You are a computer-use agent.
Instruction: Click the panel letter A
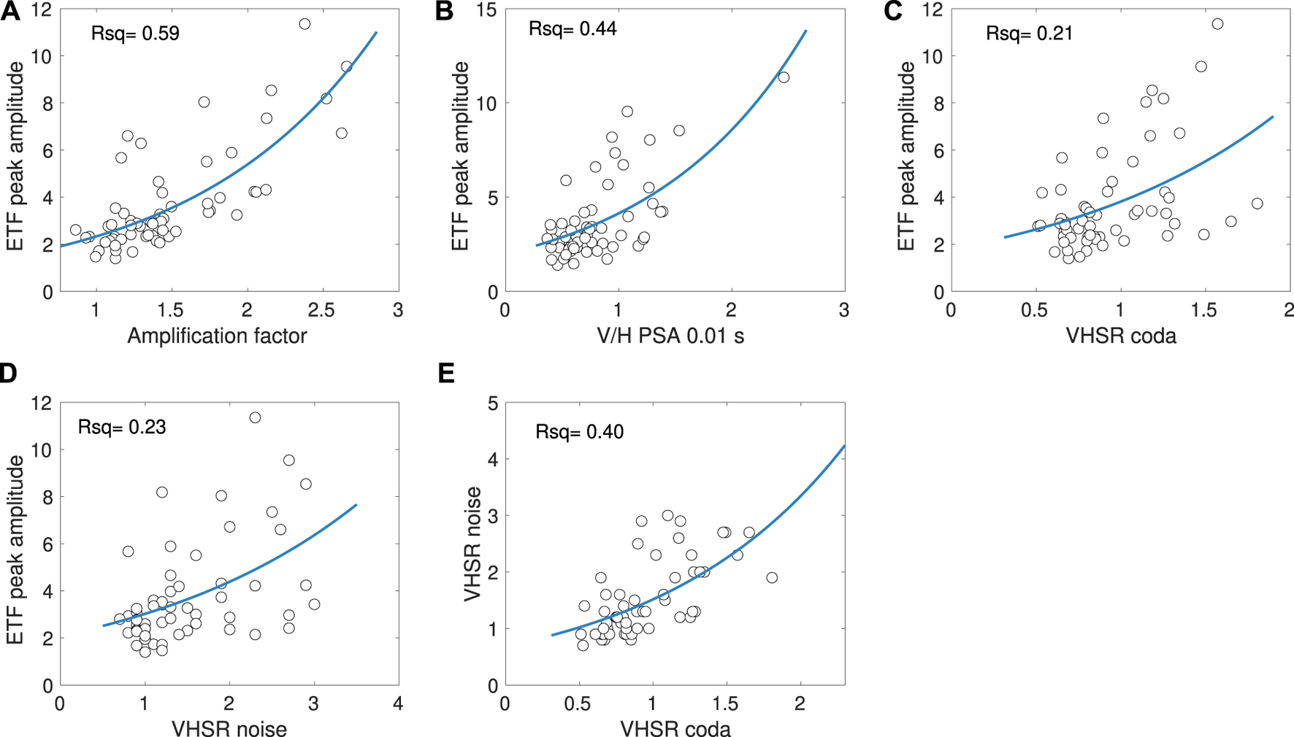10,12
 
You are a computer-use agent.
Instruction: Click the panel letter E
446,374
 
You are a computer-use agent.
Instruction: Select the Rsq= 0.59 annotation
135,34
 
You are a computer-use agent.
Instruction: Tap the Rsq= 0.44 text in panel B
573,28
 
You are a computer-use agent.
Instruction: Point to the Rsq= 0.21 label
1029,34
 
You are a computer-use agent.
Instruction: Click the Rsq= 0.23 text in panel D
122,427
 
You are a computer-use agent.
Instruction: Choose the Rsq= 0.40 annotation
579,432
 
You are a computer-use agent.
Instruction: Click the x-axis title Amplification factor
217,336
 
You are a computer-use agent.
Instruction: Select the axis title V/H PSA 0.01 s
670,336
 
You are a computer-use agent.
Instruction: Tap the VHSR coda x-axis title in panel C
1121,336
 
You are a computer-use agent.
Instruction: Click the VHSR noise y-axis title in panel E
473,544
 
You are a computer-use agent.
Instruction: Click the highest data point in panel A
305,24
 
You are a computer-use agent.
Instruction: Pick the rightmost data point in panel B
784,77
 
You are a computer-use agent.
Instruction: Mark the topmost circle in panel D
255,417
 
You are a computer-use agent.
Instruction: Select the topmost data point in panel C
1217,24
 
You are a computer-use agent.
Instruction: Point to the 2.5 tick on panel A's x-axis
322,310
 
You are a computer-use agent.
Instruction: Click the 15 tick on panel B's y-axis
487,10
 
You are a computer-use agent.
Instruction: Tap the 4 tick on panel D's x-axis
398,703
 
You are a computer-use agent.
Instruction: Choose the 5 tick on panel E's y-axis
493,404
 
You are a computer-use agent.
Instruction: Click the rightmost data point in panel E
772,577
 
